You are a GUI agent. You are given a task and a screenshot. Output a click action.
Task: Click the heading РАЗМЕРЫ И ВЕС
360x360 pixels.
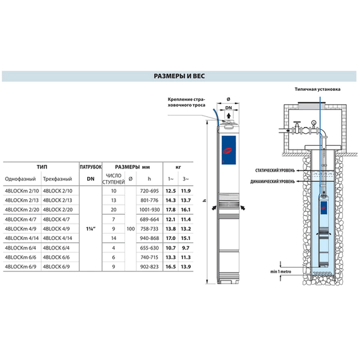pos(179,76)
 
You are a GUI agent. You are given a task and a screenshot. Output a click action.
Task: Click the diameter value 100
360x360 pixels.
pos(131,228)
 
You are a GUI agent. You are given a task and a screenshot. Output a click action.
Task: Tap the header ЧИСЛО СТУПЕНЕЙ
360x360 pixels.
pos(114,179)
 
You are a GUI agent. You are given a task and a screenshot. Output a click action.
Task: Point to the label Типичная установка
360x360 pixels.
pos(317,90)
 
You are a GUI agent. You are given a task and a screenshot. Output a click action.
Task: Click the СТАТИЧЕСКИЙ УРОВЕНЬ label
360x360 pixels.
pos(274,171)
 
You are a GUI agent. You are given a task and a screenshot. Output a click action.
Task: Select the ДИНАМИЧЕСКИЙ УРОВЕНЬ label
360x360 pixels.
pos(274,181)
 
